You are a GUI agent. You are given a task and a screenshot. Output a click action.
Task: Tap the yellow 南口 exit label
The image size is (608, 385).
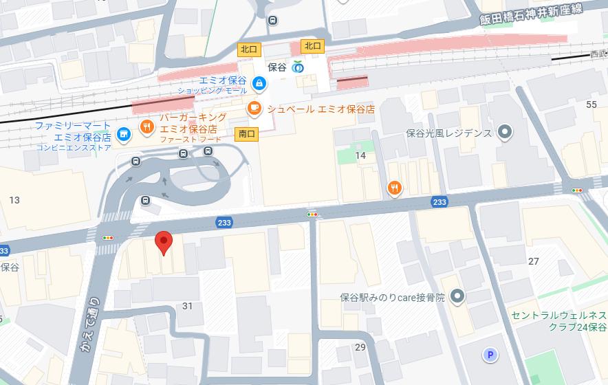(246, 133)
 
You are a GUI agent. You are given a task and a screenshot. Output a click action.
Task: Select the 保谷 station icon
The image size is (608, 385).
(297, 67)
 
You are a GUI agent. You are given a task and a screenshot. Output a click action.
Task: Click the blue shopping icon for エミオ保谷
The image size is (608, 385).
(258, 84)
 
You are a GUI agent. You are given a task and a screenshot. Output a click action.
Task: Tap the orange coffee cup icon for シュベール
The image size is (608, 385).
(254, 108)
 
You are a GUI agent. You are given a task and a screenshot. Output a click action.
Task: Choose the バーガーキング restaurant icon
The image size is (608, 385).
(146, 127)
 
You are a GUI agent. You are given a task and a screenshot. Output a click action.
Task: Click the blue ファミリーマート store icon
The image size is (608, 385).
(124, 133)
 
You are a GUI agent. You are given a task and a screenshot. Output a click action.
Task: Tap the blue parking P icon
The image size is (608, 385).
(490, 355)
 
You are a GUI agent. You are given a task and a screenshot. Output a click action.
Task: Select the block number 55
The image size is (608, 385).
(591, 104)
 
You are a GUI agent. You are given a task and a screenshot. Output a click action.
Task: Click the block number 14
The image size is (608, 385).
(360, 156)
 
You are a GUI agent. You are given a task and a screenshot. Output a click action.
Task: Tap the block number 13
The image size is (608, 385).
(14, 200)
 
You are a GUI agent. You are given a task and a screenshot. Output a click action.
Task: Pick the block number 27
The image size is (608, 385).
(533, 261)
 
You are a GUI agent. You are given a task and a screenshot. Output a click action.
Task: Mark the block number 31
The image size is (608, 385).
(186, 306)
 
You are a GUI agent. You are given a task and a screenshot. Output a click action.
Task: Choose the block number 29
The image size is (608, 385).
(360, 346)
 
